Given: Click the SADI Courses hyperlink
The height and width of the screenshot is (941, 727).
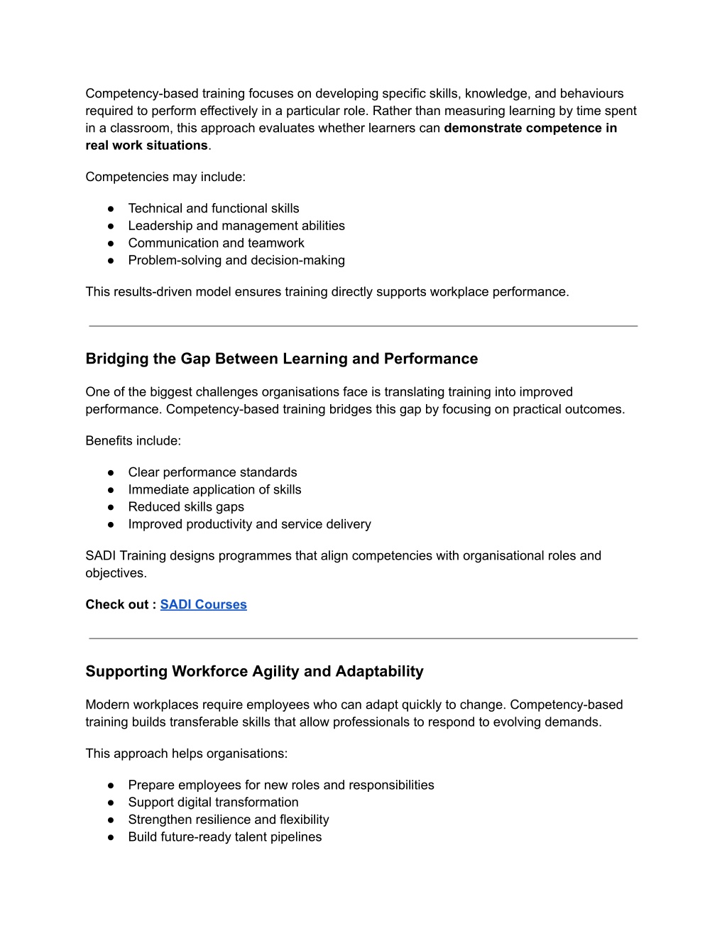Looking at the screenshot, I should click(203, 604).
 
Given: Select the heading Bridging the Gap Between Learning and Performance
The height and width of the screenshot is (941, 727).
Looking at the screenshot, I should click(281, 359).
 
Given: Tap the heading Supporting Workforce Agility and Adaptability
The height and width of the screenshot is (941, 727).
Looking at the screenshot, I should click(254, 671).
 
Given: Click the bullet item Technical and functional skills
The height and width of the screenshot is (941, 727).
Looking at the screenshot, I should click(213, 208).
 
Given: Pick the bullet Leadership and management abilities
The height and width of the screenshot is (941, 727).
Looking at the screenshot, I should click(236, 226).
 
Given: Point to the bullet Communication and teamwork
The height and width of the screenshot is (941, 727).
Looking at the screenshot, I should click(216, 243).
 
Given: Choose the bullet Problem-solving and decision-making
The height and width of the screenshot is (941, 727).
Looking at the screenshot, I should click(236, 260).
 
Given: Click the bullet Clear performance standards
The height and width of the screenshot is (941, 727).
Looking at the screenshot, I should click(212, 472).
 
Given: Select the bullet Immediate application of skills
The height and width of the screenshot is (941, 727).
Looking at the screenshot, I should click(214, 489).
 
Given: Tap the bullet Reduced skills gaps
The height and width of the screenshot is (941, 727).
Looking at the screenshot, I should click(185, 507).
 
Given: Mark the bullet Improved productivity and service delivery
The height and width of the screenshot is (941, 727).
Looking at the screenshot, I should click(249, 524).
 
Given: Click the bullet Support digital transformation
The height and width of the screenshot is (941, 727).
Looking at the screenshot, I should click(213, 803).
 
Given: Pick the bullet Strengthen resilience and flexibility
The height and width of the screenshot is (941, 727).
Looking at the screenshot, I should click(228, 820).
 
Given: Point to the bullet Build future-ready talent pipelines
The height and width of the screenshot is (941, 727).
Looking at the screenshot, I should click(224, 837).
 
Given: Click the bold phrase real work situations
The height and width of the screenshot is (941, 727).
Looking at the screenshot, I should click(146, 146).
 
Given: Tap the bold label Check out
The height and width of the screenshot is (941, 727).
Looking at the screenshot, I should click(117, 604).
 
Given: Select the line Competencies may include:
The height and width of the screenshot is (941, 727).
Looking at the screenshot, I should click(165, 177).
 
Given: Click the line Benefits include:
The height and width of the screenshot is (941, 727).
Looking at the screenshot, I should click(133, 441).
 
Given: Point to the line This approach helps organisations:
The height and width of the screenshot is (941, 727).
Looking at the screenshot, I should click(186, 754).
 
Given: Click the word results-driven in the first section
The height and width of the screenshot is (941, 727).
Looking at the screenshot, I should click(154, 292).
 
